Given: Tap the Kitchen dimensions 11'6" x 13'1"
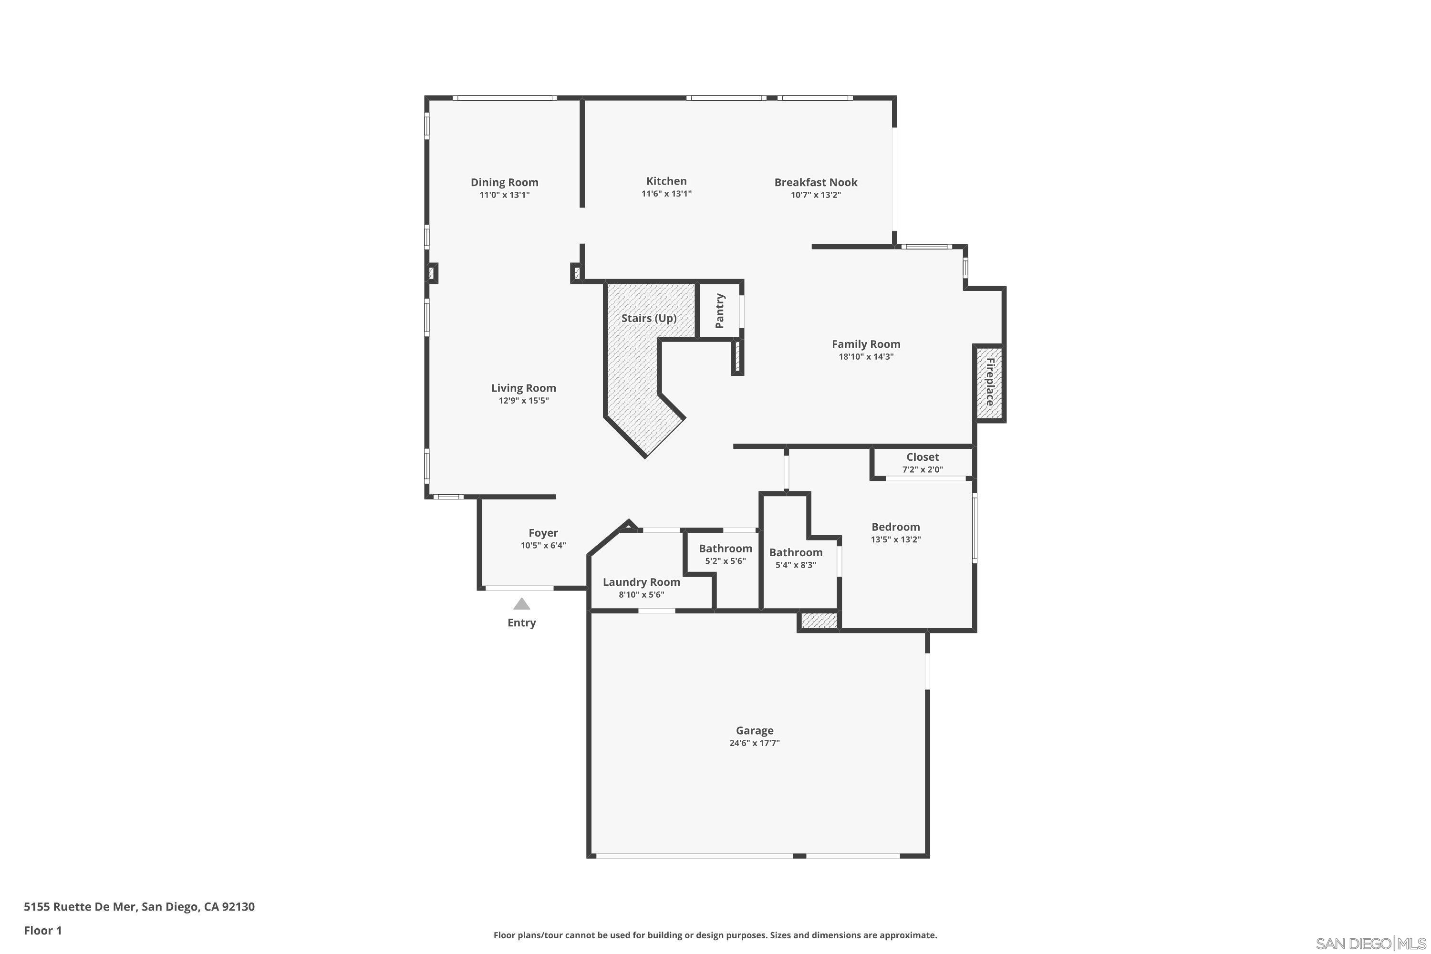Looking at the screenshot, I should [x=666, y=194].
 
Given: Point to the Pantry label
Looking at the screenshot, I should [x=720, y=311].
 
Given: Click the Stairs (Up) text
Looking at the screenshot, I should [x=649, y=318].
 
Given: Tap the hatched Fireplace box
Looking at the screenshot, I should [x=989, y=383].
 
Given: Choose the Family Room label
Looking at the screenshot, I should [x=865, y=344].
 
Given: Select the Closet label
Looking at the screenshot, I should [x=923, y=457].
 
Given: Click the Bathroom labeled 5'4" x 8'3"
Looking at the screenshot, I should [x=795, y=552].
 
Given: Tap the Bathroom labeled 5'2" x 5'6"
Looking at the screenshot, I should [x=725, y=549].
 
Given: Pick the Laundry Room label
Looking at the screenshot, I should [x=641, y=582].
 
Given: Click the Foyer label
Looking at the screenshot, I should [x=543, y=533].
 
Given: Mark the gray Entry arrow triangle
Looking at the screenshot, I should [x=521, y=604].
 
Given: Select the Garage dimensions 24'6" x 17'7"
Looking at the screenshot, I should [x=755, y=743].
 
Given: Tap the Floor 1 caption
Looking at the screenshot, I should [x=42, y=930].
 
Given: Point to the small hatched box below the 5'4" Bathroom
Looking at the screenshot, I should [x=819, y=621].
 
